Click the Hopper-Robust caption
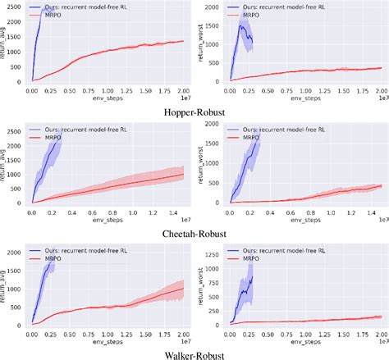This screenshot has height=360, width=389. pyautogui.click(x=194, y=112)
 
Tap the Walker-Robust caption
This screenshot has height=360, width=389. pyautogui.click(x=194, y=353)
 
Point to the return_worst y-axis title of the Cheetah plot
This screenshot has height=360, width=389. pyautogui.click(x=200, y=164)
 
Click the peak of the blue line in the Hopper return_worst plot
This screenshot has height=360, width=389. pyautogui.click(x=241, y=25)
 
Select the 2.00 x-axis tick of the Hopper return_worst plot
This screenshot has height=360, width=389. pyautogui.click(x=381, y=88)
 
